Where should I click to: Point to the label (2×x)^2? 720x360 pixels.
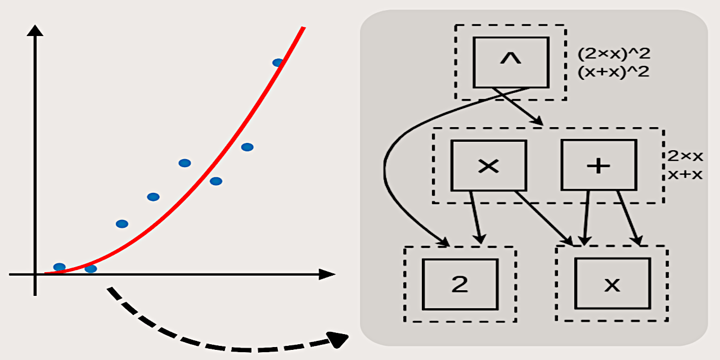(x=614, y=53)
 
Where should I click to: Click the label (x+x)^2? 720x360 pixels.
(x=613, y=72)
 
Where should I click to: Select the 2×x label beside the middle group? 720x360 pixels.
(x=685, y=156)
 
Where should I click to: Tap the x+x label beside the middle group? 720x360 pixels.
(x=685, y=174)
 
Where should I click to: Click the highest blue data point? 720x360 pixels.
(x=278, y=62)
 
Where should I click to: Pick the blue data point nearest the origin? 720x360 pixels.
(x=60, y=267)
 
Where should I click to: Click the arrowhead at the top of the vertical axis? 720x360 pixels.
(x=35, y=30)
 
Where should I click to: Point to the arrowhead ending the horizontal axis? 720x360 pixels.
(x=327, y=274)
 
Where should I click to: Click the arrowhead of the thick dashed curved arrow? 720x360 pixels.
(x=337, y=340)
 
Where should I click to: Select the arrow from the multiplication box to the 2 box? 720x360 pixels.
(x=476, y=217)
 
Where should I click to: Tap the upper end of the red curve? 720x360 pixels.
(x=303, y=28)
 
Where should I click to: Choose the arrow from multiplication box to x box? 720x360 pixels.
(x=544, y=218)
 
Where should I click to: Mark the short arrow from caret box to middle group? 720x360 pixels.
(x=517, y=106)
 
